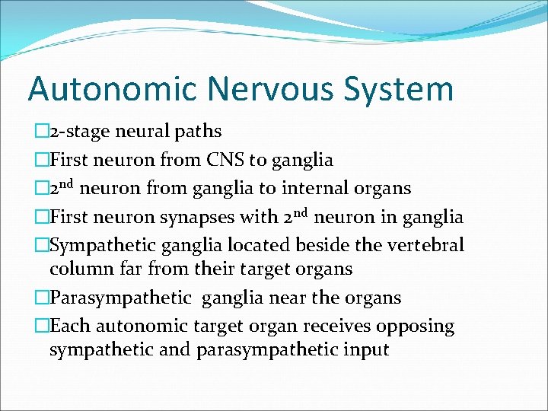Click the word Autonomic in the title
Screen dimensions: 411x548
point(114,89)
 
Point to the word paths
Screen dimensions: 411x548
point(198,132)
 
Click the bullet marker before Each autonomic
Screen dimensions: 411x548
point(41,327)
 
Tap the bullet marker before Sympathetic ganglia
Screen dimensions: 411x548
point(41,245)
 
